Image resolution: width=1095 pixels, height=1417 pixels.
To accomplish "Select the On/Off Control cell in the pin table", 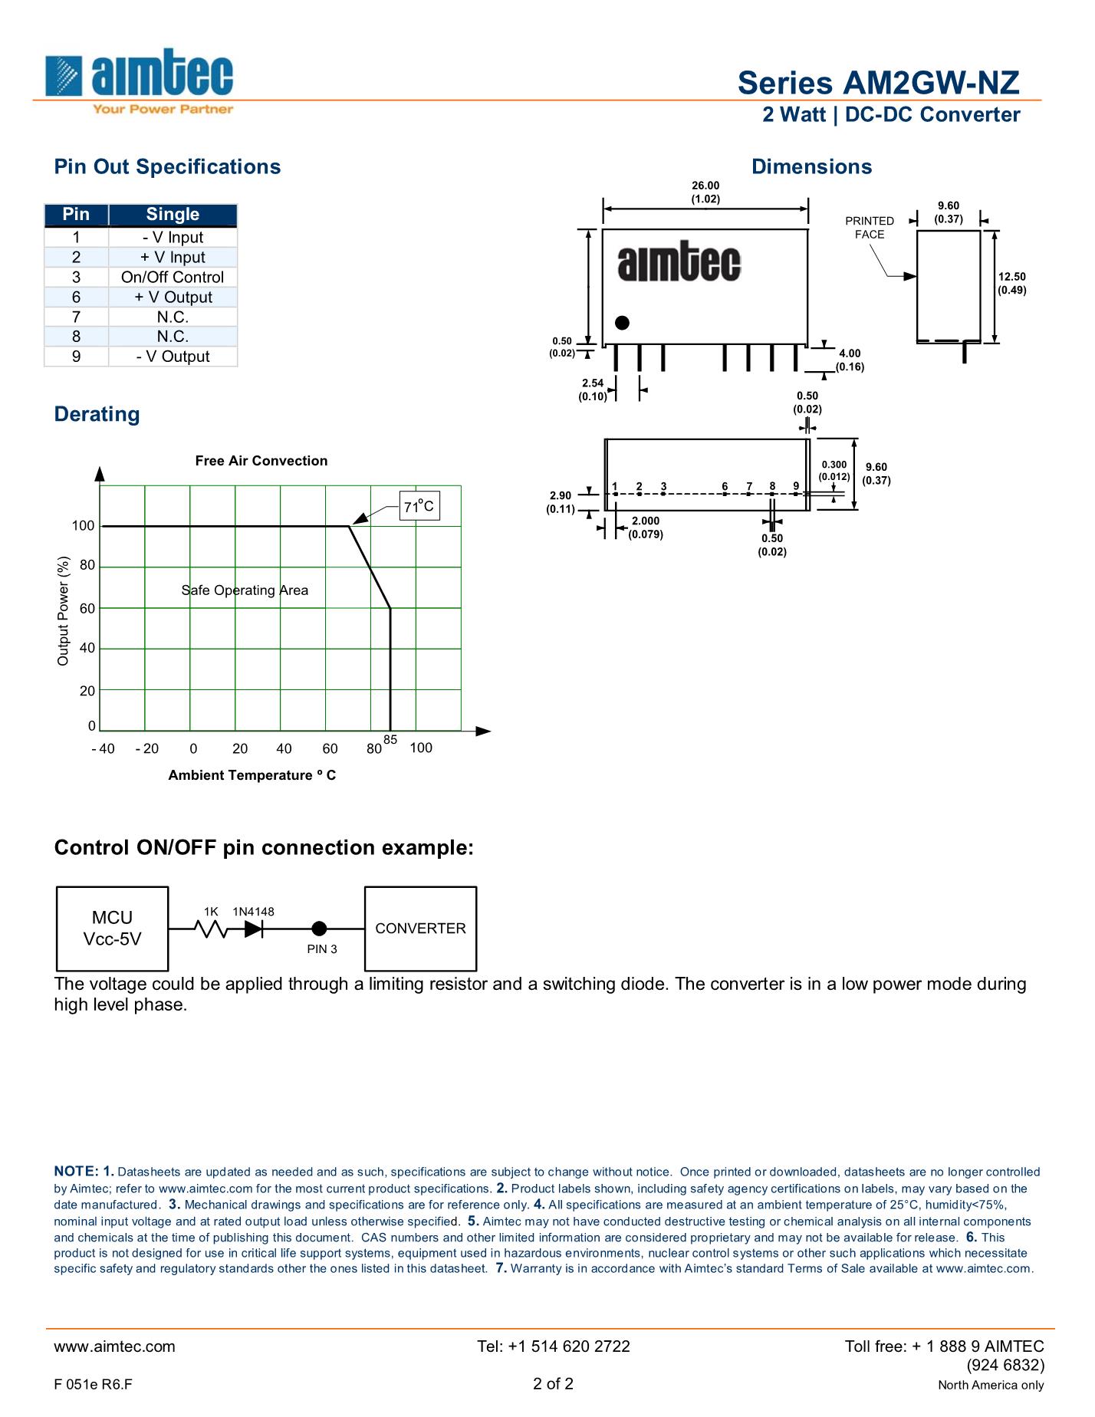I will coord(173,278).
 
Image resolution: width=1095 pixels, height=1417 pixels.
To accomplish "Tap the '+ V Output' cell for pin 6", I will coord(173,298).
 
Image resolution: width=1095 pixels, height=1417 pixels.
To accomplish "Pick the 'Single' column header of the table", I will coord(173,215).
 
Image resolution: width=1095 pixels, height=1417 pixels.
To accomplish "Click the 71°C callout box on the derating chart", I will coord(419,506).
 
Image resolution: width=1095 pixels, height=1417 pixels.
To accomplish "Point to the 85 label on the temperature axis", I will coord(390,739).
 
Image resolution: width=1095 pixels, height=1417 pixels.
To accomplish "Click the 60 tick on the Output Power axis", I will coord(87,609).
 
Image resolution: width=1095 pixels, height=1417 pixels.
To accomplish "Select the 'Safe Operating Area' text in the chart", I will coord(245,590).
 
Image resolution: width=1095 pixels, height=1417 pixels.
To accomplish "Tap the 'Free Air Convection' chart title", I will coord(261,461).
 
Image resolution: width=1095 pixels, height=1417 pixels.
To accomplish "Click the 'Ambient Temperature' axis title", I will coord(252,775).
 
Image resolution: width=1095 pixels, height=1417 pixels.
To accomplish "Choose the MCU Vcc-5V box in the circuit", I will coord(113,929).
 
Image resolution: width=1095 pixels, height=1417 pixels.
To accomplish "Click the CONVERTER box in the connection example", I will coord(420,929).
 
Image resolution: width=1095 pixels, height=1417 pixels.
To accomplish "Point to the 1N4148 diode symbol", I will coord(254,929).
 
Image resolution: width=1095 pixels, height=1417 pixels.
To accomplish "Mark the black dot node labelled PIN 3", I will coord(320,929).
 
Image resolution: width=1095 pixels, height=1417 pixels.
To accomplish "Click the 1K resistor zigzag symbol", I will coord(211,929).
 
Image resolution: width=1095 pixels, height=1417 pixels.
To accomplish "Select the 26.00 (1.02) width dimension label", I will coord(705,192).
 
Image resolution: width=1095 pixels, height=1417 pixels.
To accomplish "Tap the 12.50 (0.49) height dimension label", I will coord(1011,284).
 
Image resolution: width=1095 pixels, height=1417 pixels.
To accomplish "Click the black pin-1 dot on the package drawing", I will coord(623,323).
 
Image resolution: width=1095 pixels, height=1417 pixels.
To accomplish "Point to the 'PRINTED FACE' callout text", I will coord(870,228).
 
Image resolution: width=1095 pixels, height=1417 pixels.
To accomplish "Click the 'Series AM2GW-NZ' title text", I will coord(879,83).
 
